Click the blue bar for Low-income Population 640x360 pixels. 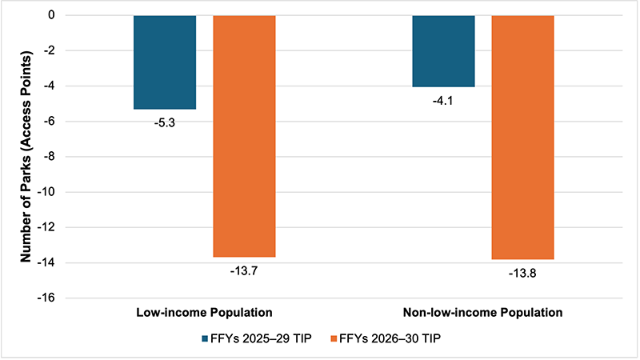pos(165,62)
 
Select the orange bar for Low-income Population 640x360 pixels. pos(244,136)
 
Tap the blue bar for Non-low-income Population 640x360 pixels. pos(443,51)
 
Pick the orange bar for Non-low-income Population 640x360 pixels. pos(522,137)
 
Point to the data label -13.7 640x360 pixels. pos(244,271)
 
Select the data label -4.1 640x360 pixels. pos(443,101)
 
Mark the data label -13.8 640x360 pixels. pos(522,274)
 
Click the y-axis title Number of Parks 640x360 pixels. pos(26,157)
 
